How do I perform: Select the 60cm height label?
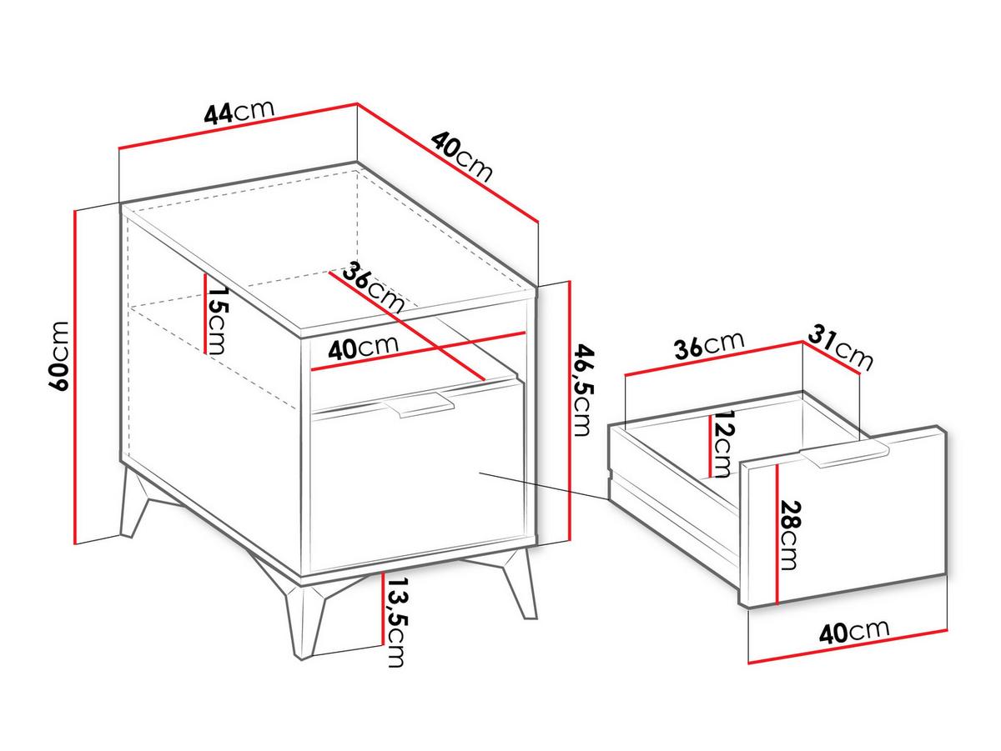click(x=58, y=356)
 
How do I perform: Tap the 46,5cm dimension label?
click(x=583, y=390)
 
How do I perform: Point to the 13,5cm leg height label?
click(x=395, y=623)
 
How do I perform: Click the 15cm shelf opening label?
click(x=216, y=320)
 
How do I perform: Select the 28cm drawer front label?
click(x=791, y=535)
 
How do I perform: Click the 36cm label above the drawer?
click(x=709, y=345)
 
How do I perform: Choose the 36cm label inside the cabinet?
click(x=373, y=288)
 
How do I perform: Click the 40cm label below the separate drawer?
click(x=854, y=632)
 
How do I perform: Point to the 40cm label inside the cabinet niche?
click(x=363, y=348)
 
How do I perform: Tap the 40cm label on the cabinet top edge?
click(x=461, y=157)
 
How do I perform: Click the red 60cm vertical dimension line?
click(x=74, y=377)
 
